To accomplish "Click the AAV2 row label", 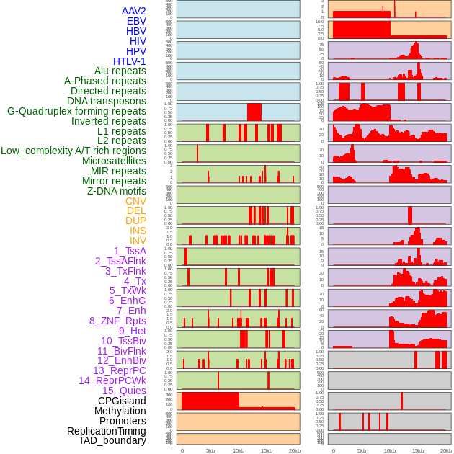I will tap(134, 11).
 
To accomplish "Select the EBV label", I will tap(136, 21).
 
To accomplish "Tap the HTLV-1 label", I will tap(130, 61).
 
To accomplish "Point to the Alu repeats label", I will tap(120, 71).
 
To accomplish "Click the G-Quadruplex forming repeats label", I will tap(76, 111).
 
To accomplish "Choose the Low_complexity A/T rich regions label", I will tap(74, 151).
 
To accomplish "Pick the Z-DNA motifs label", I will tap(117, 191).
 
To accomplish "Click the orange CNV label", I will tap(135, 201).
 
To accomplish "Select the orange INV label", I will tap(138, 241).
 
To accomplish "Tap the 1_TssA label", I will tap(130, 251).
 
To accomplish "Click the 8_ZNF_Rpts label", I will tap(117, 321).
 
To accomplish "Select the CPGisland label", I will tap(122, 401).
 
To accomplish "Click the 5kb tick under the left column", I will tap(210, 450).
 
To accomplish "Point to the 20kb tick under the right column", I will tap(446, 450).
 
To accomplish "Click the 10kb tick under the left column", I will tap(239, 450).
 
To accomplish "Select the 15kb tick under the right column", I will tap(418, 450).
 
